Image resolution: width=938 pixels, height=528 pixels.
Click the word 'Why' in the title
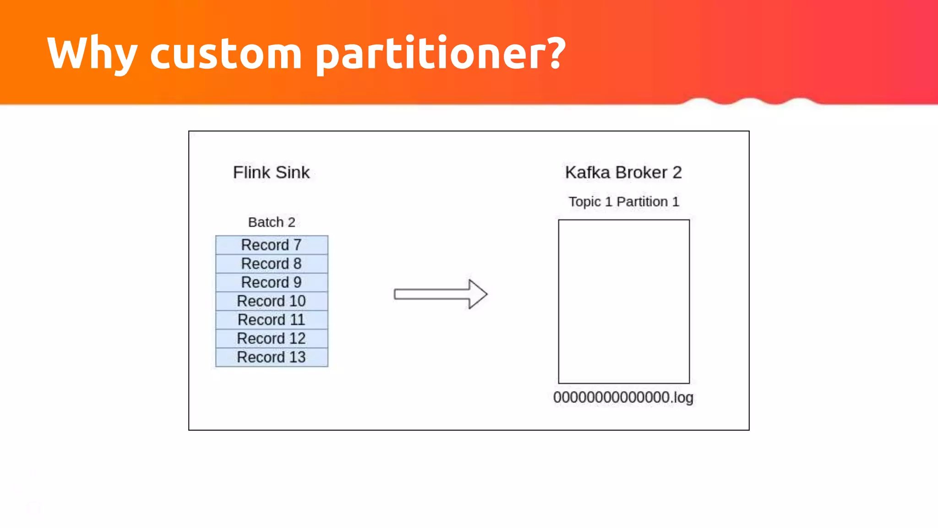(x=92, y=54)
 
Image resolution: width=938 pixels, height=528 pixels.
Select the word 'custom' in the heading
(x=226, y=54)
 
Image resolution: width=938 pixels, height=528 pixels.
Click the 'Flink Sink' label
(x=271, y=172)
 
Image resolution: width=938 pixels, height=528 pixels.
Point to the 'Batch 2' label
(x=271, y=222)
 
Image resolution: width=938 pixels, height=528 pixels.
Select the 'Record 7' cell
(x=272, y=245)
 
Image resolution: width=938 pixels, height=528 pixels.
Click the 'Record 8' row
(x=272, y=264)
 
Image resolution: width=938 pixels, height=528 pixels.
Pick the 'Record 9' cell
(x=272, y=282)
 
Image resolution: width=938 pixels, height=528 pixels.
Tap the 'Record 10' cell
(x=272, y=301)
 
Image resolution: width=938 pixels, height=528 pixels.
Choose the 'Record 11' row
(x=272, y=320)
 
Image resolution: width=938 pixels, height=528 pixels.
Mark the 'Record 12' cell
(x=272, y=339)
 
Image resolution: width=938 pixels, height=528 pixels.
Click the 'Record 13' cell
(x=272, y=357)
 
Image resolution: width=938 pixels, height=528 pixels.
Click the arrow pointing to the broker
(x=440, y=294)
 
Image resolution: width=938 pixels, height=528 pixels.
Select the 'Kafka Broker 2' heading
(x=623, y=172)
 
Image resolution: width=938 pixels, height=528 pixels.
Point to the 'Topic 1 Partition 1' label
(x=623, y=202)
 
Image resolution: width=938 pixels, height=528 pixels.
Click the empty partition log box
(x=623, y=301)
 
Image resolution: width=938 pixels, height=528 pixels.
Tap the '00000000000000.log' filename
(x=623, y=397)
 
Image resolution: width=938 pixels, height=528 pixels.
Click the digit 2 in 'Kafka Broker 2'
(x=677, y=172)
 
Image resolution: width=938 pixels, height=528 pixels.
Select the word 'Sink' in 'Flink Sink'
(x=293, y=172)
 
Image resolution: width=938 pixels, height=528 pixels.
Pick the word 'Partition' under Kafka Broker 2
(x=642, y=202)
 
